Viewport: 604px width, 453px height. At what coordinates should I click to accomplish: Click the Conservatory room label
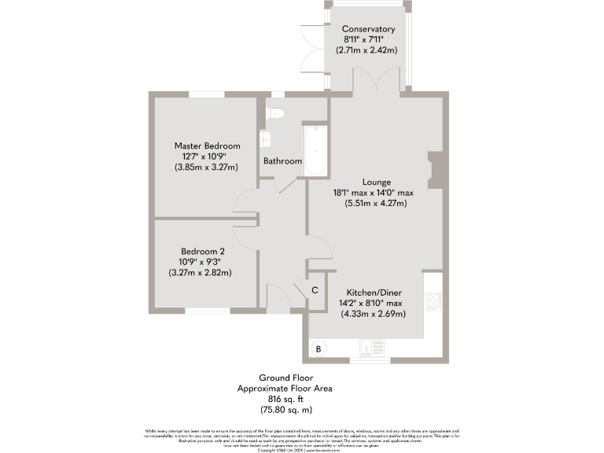(368, 29)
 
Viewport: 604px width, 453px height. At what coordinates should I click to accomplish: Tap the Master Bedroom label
(208, 145)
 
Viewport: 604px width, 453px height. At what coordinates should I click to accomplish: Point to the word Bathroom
(282, 161)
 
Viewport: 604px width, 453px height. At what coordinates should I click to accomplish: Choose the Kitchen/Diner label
(373, 292)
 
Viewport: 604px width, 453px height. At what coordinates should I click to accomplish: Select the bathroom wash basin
(265, 139)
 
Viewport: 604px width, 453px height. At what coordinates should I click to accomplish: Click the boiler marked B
(319, 348)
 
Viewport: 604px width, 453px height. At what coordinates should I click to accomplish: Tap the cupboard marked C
(315, 290)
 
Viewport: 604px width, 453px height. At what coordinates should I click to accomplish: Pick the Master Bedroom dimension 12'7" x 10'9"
(207, 157)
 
